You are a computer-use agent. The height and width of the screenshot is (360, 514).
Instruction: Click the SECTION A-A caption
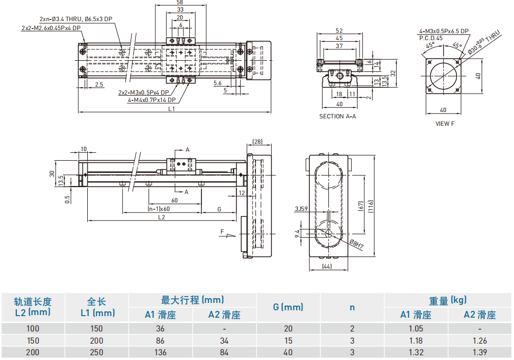337,116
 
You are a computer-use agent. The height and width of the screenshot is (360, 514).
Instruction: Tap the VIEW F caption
444,124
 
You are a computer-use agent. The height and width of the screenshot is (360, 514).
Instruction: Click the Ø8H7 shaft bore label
357,245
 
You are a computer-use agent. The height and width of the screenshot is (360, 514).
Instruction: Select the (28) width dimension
258,142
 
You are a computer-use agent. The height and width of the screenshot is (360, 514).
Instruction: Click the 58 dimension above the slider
180,3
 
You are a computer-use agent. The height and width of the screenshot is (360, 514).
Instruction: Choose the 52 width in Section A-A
339,31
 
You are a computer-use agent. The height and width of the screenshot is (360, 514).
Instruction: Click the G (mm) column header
288,307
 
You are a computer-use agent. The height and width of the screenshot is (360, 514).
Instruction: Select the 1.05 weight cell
416,329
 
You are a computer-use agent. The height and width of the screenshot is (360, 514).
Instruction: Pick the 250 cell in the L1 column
97,352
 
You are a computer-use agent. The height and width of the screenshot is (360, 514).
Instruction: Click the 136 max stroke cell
161,352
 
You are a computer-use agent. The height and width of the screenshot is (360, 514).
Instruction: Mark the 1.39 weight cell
479,352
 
